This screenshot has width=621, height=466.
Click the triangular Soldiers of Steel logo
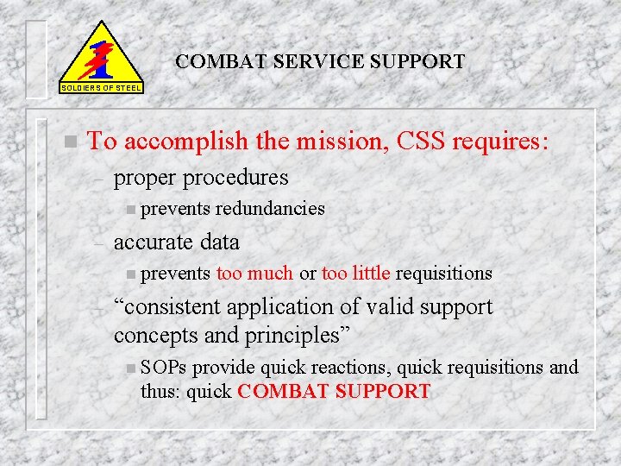click(102, 54)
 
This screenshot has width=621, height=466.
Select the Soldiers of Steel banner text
click(102, 88)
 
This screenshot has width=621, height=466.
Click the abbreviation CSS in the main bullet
click(422, 141)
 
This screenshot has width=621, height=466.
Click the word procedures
click(240, 178)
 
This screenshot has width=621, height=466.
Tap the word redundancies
click(270, 208)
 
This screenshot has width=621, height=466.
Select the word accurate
click(154, 242)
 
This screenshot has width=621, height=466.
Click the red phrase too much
click(254, 274)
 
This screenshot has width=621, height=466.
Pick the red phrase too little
click(356, 274)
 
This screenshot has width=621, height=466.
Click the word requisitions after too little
click(444, 274)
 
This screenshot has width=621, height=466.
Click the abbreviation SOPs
click(164, 368)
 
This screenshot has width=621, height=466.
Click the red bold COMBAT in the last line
click(282, 391)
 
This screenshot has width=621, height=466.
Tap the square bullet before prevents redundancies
click(129, 209)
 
